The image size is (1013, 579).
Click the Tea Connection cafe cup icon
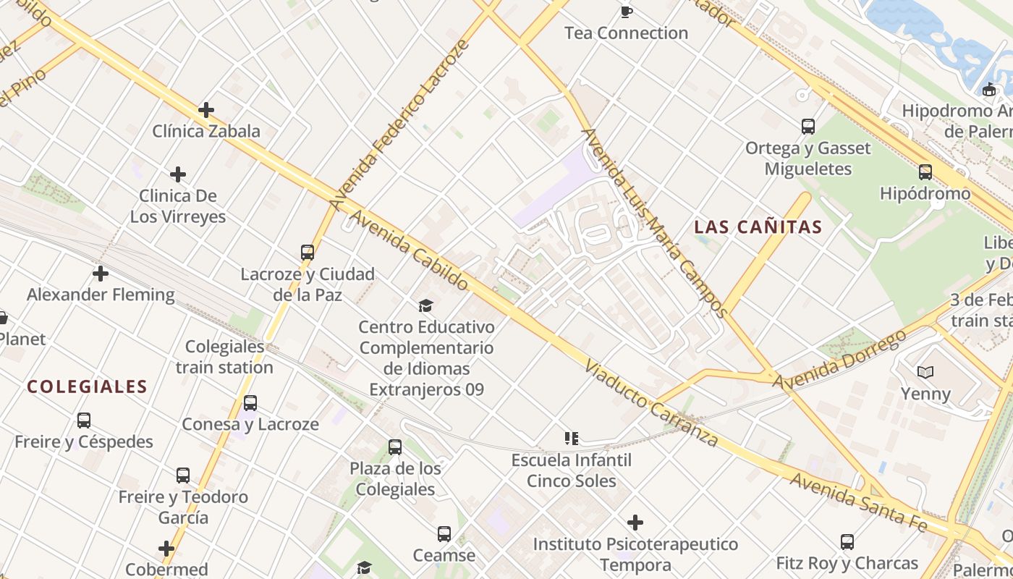click(627, 12)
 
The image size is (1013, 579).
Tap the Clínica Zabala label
click(206, 131)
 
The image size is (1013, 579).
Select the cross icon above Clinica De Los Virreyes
click(178, 174)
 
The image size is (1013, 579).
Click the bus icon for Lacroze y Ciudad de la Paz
click(308, 253)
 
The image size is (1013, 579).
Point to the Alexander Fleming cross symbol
click(101, 274)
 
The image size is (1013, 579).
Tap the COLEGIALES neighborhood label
click(88, 387)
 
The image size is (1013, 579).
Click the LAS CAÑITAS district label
click(758, 227)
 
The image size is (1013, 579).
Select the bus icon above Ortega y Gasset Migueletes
click(808, 127)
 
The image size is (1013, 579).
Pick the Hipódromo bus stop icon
click(925, 172)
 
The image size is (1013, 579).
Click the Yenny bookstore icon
click(925, 372)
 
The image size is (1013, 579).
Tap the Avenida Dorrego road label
click(839, 360)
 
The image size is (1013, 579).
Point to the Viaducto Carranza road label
click(651, 404)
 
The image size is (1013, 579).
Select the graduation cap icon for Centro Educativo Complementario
click(425, 306)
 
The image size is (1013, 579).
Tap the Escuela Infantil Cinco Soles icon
click(572, 439)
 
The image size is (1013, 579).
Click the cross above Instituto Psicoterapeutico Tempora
click(635, 522)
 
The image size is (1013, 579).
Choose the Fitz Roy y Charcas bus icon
click(847, 541)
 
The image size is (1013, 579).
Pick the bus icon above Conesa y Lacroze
click(250, 403)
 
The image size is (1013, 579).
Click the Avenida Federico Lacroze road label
click(400, 124)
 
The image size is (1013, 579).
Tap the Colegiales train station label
click(224, 357)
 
